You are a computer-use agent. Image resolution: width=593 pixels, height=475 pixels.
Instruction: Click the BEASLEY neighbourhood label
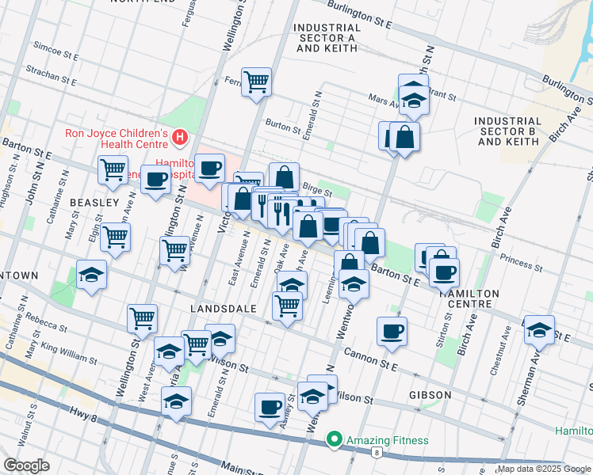click(93, 203)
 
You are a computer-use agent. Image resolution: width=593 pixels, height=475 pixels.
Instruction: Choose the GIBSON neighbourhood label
click(430, 394)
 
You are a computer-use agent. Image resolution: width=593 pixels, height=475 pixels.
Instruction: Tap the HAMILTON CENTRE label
click(469, 298)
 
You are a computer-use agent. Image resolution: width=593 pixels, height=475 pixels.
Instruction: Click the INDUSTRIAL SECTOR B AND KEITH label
click(507, 131)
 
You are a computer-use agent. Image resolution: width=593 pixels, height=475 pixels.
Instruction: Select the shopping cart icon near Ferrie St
click(257, 82)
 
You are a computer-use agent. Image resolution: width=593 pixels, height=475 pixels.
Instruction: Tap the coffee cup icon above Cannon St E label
click(391, 330)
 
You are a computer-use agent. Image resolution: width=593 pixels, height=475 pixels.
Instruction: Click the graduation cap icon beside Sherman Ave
click(540, 329)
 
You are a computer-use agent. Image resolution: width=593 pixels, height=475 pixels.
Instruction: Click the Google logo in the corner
click(26, 465)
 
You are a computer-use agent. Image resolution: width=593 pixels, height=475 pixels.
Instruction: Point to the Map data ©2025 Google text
click(542, 469)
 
